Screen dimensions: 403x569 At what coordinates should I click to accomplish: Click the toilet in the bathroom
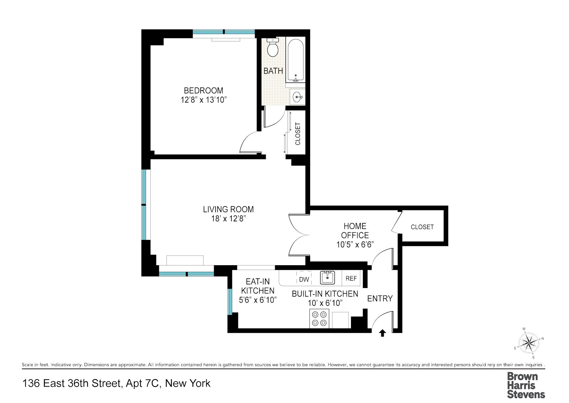click(x=273, y=49)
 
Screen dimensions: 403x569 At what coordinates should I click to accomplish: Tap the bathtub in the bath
click(x=295, y=60)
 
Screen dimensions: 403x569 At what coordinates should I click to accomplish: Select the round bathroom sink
click(x=298, y=96)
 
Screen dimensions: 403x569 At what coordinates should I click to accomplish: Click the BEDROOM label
click(x=203, y=91)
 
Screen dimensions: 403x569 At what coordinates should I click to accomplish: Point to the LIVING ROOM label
click(x=228, y=209)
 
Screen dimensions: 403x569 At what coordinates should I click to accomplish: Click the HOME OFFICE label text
click(x=355, y=231)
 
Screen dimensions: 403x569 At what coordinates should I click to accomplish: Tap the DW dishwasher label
click(x=304, y=279)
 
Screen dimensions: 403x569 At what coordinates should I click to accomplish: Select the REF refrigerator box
click(x=351, y=278)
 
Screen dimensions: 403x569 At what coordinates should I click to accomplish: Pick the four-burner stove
click(x=319, y=319)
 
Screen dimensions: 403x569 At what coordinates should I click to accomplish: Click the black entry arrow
click(x=382, y=333)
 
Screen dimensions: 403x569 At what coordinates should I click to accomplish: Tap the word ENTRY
click(x=380, y=299)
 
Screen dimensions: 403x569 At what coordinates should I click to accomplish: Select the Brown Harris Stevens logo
click(x=526, y=385)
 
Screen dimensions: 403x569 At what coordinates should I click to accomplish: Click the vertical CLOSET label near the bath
click(x=298, y=134)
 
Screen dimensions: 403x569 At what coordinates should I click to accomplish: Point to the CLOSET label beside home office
click(x=422, y=227)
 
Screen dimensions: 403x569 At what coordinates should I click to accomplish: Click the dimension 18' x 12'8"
click(x=228, y=219)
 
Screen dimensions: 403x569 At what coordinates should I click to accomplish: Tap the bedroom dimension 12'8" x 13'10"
click(x=203, y=100)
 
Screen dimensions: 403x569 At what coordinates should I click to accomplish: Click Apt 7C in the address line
click(x=144, y=383)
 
